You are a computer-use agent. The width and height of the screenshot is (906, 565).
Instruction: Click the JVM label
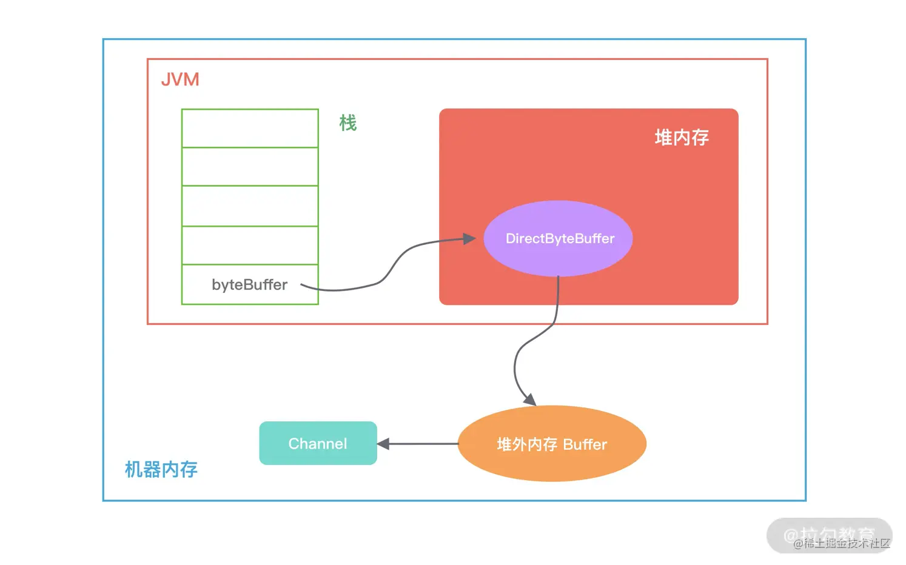(180, 79)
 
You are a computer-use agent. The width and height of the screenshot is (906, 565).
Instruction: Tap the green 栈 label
(347, 123)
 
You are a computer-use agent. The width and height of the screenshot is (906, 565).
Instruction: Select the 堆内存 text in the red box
(682, 138)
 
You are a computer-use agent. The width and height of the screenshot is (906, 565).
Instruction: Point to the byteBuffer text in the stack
(249, 285)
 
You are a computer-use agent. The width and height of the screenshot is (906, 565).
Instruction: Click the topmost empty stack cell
(250, 128)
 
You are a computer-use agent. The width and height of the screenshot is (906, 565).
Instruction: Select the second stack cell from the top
(250, 167)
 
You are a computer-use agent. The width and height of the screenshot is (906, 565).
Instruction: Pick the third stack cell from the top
(250, 206)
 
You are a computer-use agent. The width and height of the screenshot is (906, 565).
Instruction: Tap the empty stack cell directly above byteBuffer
(250, 246)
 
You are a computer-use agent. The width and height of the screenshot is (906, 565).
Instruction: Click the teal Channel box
(318, 443)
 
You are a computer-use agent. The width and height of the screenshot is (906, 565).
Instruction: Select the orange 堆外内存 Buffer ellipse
(552, 444)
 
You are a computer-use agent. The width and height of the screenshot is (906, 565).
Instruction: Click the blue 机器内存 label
(161, 469)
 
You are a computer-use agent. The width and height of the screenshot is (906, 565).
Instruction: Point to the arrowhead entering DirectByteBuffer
(469, 239)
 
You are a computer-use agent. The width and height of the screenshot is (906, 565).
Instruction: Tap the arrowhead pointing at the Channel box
(383, 444)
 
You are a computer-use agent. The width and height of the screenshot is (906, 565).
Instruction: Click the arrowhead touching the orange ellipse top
(529, 400)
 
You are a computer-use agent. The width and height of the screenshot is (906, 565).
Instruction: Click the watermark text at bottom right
(841, 543)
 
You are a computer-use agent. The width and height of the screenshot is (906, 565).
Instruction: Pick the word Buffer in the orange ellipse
(585, 444)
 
